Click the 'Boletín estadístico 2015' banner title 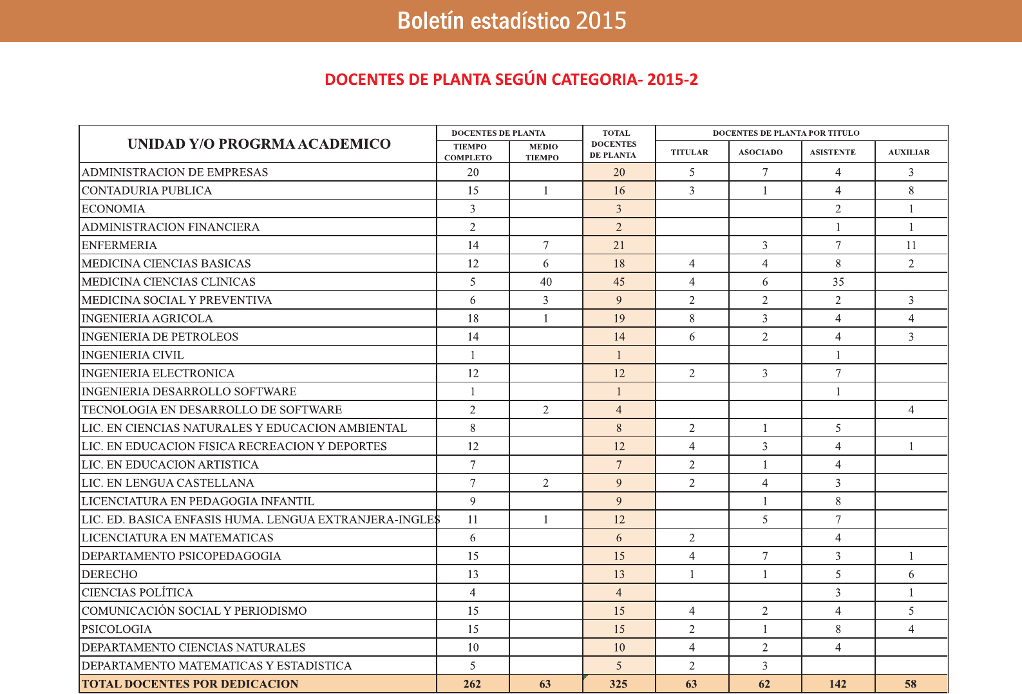511,21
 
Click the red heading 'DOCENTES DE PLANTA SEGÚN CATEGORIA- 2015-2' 511,80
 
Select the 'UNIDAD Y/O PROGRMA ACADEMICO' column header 259,144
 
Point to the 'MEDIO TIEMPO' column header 543,152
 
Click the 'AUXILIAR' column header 909,153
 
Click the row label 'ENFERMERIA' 119,245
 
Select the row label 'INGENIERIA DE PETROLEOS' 160,337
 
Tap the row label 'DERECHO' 109,574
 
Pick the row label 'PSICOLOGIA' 117,629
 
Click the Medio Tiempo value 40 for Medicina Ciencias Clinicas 546,282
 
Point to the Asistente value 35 838,282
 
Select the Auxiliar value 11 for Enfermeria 911,245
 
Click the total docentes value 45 619,282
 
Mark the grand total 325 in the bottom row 618,684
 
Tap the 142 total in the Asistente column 838,684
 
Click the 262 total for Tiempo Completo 472,684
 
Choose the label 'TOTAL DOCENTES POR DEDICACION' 190,684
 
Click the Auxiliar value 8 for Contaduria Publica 911,191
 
